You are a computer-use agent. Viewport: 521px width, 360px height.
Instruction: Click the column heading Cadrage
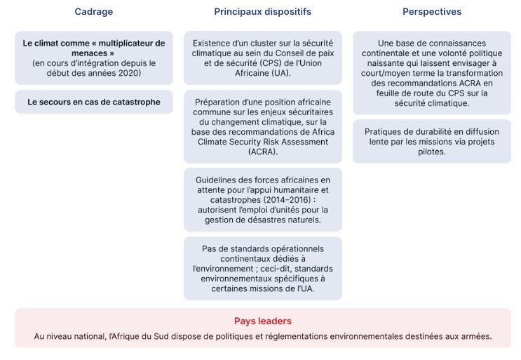point(93,12)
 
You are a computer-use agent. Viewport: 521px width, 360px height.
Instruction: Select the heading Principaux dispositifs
point(262,12)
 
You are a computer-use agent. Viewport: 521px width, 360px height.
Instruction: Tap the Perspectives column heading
point(432,12)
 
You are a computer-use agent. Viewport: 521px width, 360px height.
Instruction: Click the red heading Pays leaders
point(262,321)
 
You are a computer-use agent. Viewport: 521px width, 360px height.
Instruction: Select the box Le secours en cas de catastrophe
point(94,102)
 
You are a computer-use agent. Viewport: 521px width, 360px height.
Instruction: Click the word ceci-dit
point(252,269)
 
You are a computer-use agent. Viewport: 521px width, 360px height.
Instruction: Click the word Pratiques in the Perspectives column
point(385,131)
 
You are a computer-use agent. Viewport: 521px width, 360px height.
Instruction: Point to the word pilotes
point(431,152)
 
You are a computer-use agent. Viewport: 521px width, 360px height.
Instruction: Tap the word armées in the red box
point(477,337)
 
